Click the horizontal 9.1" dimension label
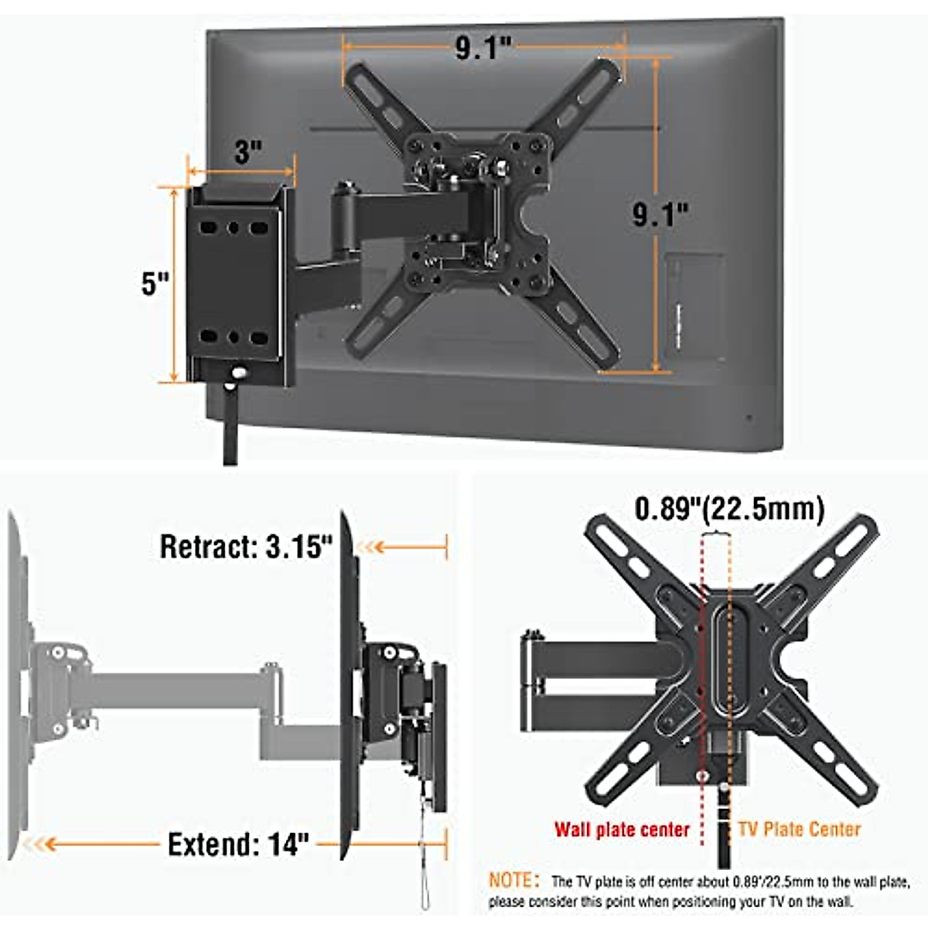(483, 49)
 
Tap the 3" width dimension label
(247, 151)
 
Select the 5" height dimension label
(155, 284)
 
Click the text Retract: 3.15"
(246, 547)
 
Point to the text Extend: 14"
(238, 844)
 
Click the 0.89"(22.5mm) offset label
(729, 509)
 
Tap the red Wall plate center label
(621, 830)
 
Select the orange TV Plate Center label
(799, 830)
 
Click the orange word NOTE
(510, 881)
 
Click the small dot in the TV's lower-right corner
(748, 418)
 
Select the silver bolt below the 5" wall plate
(239, 373)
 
